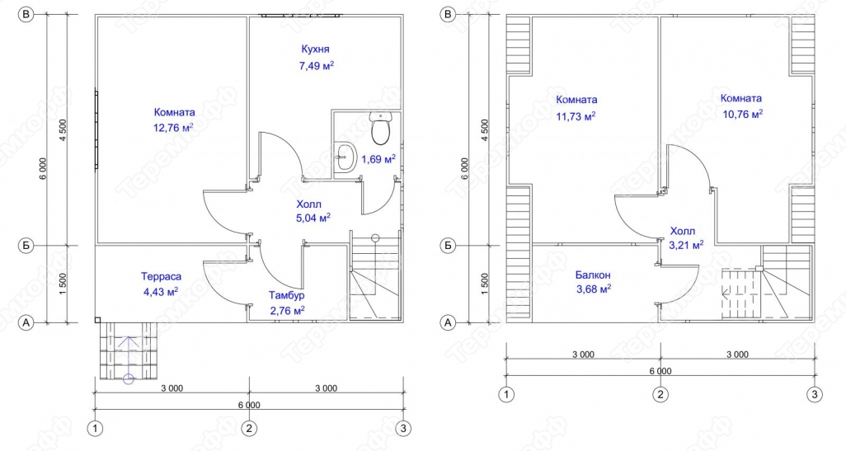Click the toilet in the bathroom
pyautogui.click(x=381, y=129)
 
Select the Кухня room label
pyautogui.click(x=316, y=49)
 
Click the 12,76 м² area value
pyautogui.click(x=174, y=128)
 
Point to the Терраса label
pyautogui.click(x=162, y=277)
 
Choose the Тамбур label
pyautogui.click(x=286, y=296)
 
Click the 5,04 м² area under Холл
pyautogui.click(x=313, y=218)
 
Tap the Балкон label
pyautogui.click(x=593, y=275)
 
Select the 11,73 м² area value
pyautogui.click(x=576, y=115)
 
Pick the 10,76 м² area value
pyautogui.click(x=742, y=114)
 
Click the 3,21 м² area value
pyautogui.click(x=686, y=246)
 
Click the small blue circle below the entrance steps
pyautogui.click(x=129, y=378)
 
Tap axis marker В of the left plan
pyautogui.click(x=25, y=15)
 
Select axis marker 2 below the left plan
pyautogui.click(x=249, y=429)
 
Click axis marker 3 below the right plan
pyautogui.click(x=815, y=394)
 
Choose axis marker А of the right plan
pyautogui.click(x=447, y=322)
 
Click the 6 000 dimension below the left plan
pyautogui.click(x=248, y=405)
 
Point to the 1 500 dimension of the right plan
pyautogui.click(x=484, y=284)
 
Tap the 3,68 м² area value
pyautogui.click(x=593, y=289)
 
